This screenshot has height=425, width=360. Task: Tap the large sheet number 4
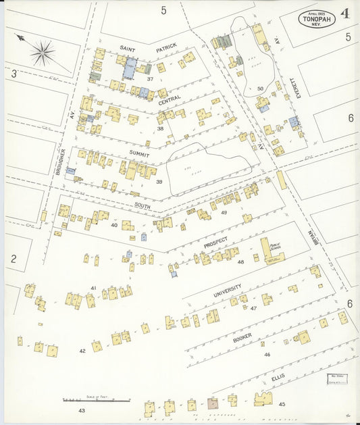[345, 14]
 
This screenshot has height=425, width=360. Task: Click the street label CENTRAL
[169, 100]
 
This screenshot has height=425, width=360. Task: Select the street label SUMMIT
[140, 154]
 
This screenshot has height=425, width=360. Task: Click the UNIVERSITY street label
[227, 291]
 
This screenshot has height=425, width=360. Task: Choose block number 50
[260, 89]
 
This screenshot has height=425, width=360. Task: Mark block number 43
[82, 410]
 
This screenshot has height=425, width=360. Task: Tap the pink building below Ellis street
[213, 403]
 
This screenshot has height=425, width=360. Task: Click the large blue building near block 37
[129, 67]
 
